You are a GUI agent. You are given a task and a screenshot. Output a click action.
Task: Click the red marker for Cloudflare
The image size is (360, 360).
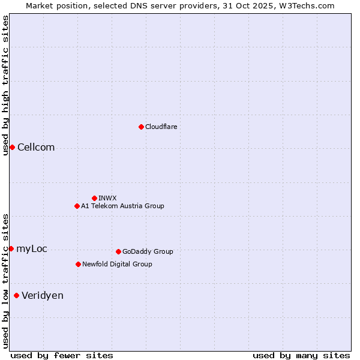(141, 127)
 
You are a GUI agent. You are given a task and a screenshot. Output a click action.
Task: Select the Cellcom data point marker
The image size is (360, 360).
(12, 148)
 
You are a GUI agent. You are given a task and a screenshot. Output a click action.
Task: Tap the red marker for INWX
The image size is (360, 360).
(94, 198)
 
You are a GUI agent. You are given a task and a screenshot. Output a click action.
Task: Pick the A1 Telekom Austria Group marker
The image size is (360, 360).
(77, 206)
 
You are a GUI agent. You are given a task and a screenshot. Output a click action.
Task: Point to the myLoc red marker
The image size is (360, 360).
(11, 248)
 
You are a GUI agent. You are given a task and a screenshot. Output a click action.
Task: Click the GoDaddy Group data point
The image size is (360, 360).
(118, 251)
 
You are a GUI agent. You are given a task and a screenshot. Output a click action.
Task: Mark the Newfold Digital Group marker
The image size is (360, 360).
(78, 264)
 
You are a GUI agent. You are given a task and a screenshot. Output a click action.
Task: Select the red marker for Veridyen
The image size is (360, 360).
(16, 295)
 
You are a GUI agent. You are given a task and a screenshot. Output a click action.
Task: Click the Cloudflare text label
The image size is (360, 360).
(161, 127)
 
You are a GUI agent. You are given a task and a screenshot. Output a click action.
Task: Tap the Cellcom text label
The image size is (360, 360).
(36, 148)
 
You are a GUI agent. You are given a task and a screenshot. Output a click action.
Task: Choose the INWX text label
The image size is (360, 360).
(107, 198)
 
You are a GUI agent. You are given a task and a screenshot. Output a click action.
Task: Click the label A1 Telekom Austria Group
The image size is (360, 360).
(122, 206)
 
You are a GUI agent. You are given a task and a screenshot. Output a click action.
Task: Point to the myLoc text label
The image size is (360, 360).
(32, 248)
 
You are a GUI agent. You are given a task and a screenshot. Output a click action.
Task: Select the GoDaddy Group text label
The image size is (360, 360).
(148, 251)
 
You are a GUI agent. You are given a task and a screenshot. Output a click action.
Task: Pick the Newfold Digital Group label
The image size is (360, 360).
(117, 264)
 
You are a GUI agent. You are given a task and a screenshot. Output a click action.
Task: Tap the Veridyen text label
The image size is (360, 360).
(43, 295)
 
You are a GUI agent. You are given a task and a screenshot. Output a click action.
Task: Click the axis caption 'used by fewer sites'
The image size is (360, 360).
(62, 355)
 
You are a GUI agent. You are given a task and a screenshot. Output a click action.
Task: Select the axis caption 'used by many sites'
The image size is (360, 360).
(301, 355)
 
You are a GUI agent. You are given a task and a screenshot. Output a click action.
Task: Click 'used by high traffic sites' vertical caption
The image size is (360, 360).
(5, 85)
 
